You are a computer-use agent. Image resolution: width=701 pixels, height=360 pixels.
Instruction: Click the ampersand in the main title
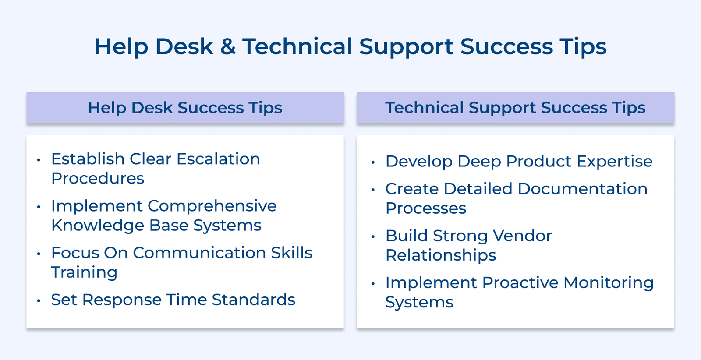click(x=228, y=46)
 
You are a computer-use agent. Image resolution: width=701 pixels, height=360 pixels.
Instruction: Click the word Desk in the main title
click(x=184, y=46)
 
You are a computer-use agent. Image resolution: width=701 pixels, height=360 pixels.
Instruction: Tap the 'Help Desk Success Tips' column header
click(x=185, y=108)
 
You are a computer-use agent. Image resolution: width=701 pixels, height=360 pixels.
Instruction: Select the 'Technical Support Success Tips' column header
click(x=515, y=108)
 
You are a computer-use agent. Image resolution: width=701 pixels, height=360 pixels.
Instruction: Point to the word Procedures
click(x=97, y=179)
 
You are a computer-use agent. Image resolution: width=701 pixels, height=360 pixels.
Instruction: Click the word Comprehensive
click(x=212, y=206)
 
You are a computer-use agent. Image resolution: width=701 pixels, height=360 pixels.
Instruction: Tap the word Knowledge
click(x=97, y=226)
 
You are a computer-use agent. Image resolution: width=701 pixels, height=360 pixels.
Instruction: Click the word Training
click(x=84, y=272)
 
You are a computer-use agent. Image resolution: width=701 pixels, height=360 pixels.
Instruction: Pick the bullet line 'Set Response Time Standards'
click(x=173, y=300)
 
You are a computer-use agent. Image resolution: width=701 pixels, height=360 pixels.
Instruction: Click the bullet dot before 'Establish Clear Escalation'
click(x=39, y=160)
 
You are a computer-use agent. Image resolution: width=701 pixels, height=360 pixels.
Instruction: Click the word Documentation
click(x=582, y=189)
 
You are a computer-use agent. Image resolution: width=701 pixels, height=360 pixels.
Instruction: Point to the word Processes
click(x=425, y=208)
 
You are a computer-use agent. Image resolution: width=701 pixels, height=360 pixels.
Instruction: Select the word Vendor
click(x=522, y=236)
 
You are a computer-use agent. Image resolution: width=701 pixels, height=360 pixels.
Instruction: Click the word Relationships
click(x=440, y=255)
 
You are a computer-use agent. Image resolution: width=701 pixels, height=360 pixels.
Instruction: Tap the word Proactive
click(x=520, y=283)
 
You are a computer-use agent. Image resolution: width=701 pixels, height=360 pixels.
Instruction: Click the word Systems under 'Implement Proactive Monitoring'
click(x=419, y=303)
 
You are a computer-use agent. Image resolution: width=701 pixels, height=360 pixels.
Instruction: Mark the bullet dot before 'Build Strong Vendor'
click(x=373, y=237)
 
